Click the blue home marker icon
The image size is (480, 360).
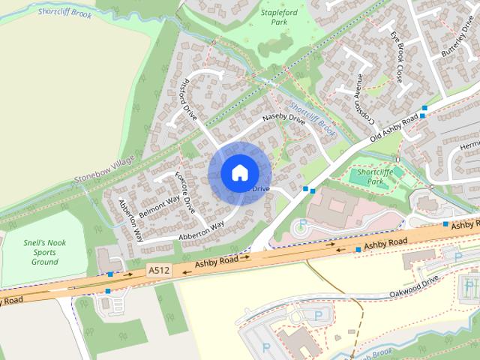pyautogui.click(x=239, y=172)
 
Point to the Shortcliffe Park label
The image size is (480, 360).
pyautogui.click(x=375, y=176)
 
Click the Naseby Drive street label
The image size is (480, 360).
pyautogui.click(x=283, y=122)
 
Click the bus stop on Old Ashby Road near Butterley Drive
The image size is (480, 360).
pyautogui.click(x=424, y=109)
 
